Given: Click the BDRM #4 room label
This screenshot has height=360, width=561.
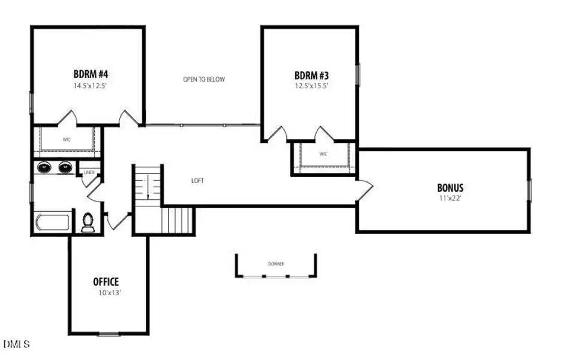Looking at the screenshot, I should point(91,74).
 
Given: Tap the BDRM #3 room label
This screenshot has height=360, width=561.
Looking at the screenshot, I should point(311,76).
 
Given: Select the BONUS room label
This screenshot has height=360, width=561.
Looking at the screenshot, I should point(450,187).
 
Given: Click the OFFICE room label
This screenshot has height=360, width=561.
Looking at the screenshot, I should point(106,281).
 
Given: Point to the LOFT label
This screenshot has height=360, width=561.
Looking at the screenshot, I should point(198,180).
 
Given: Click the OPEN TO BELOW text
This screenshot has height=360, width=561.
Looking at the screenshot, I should point(204,79).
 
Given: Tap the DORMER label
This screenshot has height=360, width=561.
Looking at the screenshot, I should point(276,264).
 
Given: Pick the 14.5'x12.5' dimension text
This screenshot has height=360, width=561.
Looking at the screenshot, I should point(91,86).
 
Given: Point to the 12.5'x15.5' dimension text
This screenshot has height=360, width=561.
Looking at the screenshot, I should point(311,86).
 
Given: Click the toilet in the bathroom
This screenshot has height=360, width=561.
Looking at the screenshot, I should point(88,222).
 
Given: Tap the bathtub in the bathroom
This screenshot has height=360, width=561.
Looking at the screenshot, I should point(53,223).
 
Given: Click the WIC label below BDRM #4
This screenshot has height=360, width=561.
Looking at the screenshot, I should point(67,139).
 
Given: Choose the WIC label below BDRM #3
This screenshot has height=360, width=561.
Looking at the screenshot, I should point(323,154).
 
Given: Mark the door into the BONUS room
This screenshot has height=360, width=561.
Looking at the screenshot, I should point(364,190).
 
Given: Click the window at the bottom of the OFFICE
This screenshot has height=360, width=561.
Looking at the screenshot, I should point(109,333).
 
